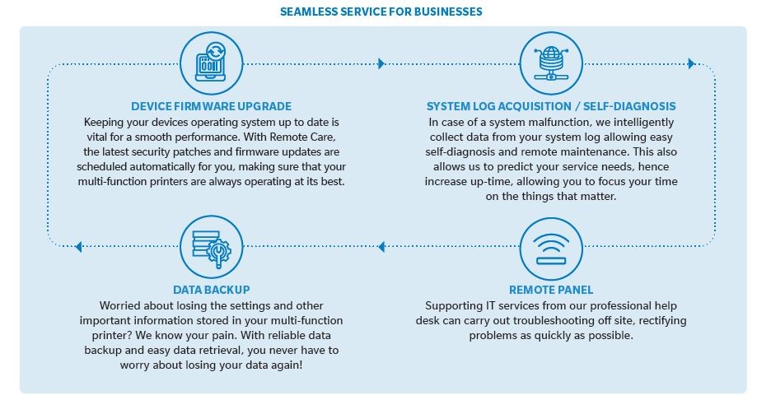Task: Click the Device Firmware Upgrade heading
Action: [212, 106]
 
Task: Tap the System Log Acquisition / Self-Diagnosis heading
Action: [551, 106]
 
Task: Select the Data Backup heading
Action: [212, 290]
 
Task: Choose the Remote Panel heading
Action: [551, 290]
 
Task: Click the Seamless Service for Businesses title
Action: [381, 12]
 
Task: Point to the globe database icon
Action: [551, 63]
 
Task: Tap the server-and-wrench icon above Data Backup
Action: [212, 247]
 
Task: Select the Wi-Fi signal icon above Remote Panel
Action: [551, 249]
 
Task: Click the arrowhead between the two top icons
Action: [381, 63]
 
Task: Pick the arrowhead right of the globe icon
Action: [691, 63]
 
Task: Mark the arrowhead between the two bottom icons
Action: [381, 247]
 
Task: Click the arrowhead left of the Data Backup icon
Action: [79, 247]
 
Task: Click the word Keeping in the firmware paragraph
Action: [103, 123]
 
